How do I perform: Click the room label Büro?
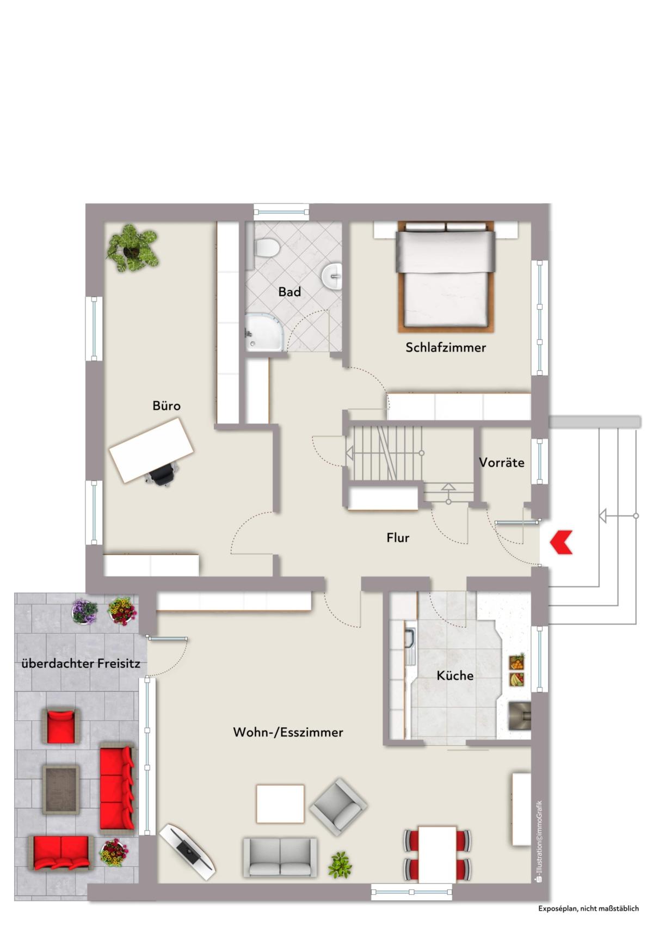coord(167,406)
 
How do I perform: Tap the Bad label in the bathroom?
coord(289,292)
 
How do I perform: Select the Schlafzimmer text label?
coord(445,347)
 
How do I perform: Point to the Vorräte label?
coord(502,462)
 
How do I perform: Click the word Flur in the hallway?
coord(398,538)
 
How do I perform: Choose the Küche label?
coord(455,676)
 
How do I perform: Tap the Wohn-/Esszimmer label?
coord(288,732)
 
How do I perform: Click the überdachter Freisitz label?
coord(81,664)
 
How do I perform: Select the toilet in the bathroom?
coord(266,248)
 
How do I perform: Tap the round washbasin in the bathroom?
coord(332,274)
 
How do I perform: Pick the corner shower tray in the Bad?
coord(264,332)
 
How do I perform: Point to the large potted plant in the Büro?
coord(132,248)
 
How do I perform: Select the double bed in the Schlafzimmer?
coord(446,277)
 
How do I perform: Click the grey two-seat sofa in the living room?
coord(280,857)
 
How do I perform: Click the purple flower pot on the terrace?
coord(84,611)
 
